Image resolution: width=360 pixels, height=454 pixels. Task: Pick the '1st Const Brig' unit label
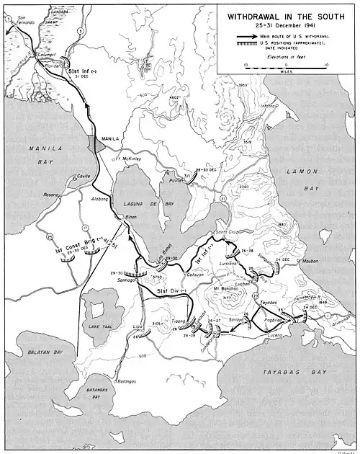pyautogui.click(x=72, y=250)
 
